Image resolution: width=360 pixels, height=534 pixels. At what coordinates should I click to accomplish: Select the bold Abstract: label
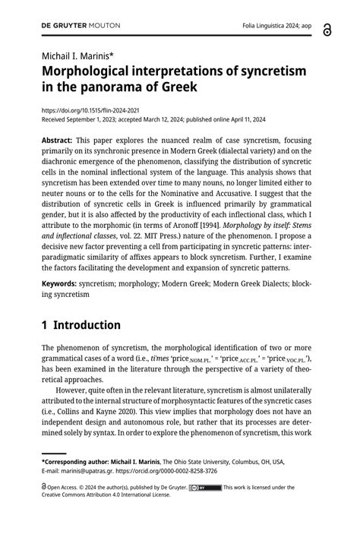58,141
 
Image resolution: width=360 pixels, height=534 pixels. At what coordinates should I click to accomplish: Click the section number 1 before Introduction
46,325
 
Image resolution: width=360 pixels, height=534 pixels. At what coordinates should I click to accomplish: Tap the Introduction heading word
88,325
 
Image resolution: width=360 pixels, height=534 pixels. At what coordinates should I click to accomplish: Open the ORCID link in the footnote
163,470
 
